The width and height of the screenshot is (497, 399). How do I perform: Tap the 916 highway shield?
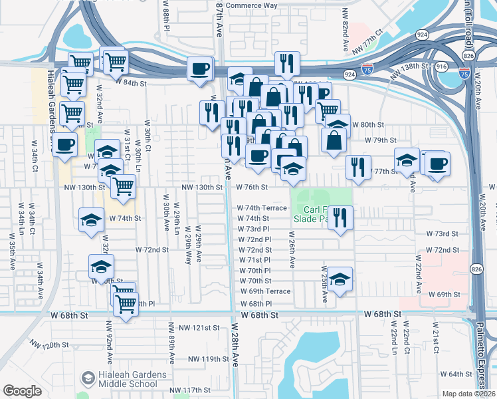point(442,67)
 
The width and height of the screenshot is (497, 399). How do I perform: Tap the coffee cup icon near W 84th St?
point(200,68)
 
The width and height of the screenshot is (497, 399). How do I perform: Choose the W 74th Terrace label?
point(262,207)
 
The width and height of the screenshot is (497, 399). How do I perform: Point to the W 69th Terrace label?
point(265,291)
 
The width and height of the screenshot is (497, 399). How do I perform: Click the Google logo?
point(23,390)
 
